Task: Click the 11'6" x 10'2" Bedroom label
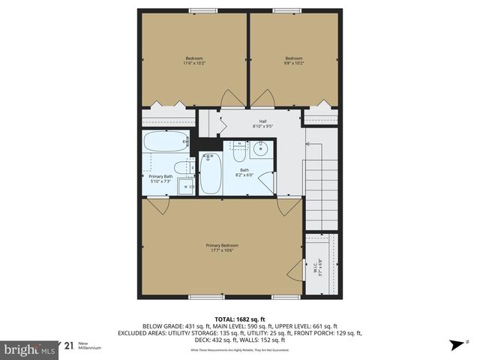193,61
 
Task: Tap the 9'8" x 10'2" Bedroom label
293,61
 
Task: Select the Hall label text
262,123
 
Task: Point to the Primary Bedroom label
222,248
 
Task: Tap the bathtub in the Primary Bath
166,142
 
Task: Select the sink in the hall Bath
260,148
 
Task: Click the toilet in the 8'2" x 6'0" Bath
239,152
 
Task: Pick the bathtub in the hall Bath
211,174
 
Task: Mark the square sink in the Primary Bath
185,185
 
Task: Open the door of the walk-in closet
295,274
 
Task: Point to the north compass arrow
455,346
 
